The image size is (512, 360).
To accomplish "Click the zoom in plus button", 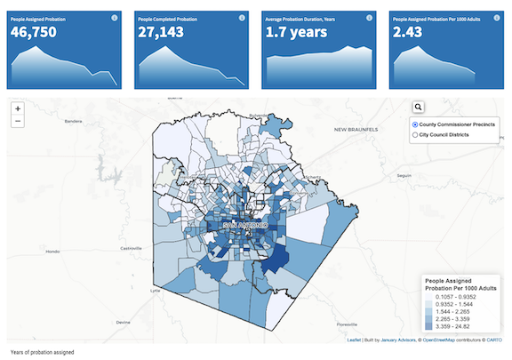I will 18,108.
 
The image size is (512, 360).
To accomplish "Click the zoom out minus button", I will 18,122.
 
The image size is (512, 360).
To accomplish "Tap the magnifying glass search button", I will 419,108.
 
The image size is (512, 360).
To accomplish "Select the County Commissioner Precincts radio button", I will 415,124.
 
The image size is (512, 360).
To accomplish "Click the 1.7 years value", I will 297,33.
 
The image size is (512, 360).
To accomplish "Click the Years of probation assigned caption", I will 43,352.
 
